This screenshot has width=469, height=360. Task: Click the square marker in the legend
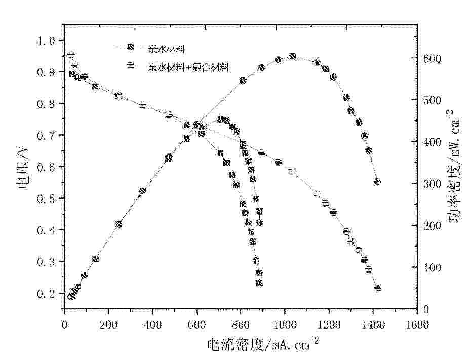131,48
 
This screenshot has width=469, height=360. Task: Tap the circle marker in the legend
131,65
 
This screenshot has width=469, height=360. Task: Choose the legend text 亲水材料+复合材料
188,66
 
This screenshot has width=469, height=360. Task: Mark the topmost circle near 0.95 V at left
71,55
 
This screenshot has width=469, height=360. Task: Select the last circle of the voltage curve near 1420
377,289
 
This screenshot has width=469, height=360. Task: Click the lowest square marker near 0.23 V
259,283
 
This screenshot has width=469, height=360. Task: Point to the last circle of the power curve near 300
377,182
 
